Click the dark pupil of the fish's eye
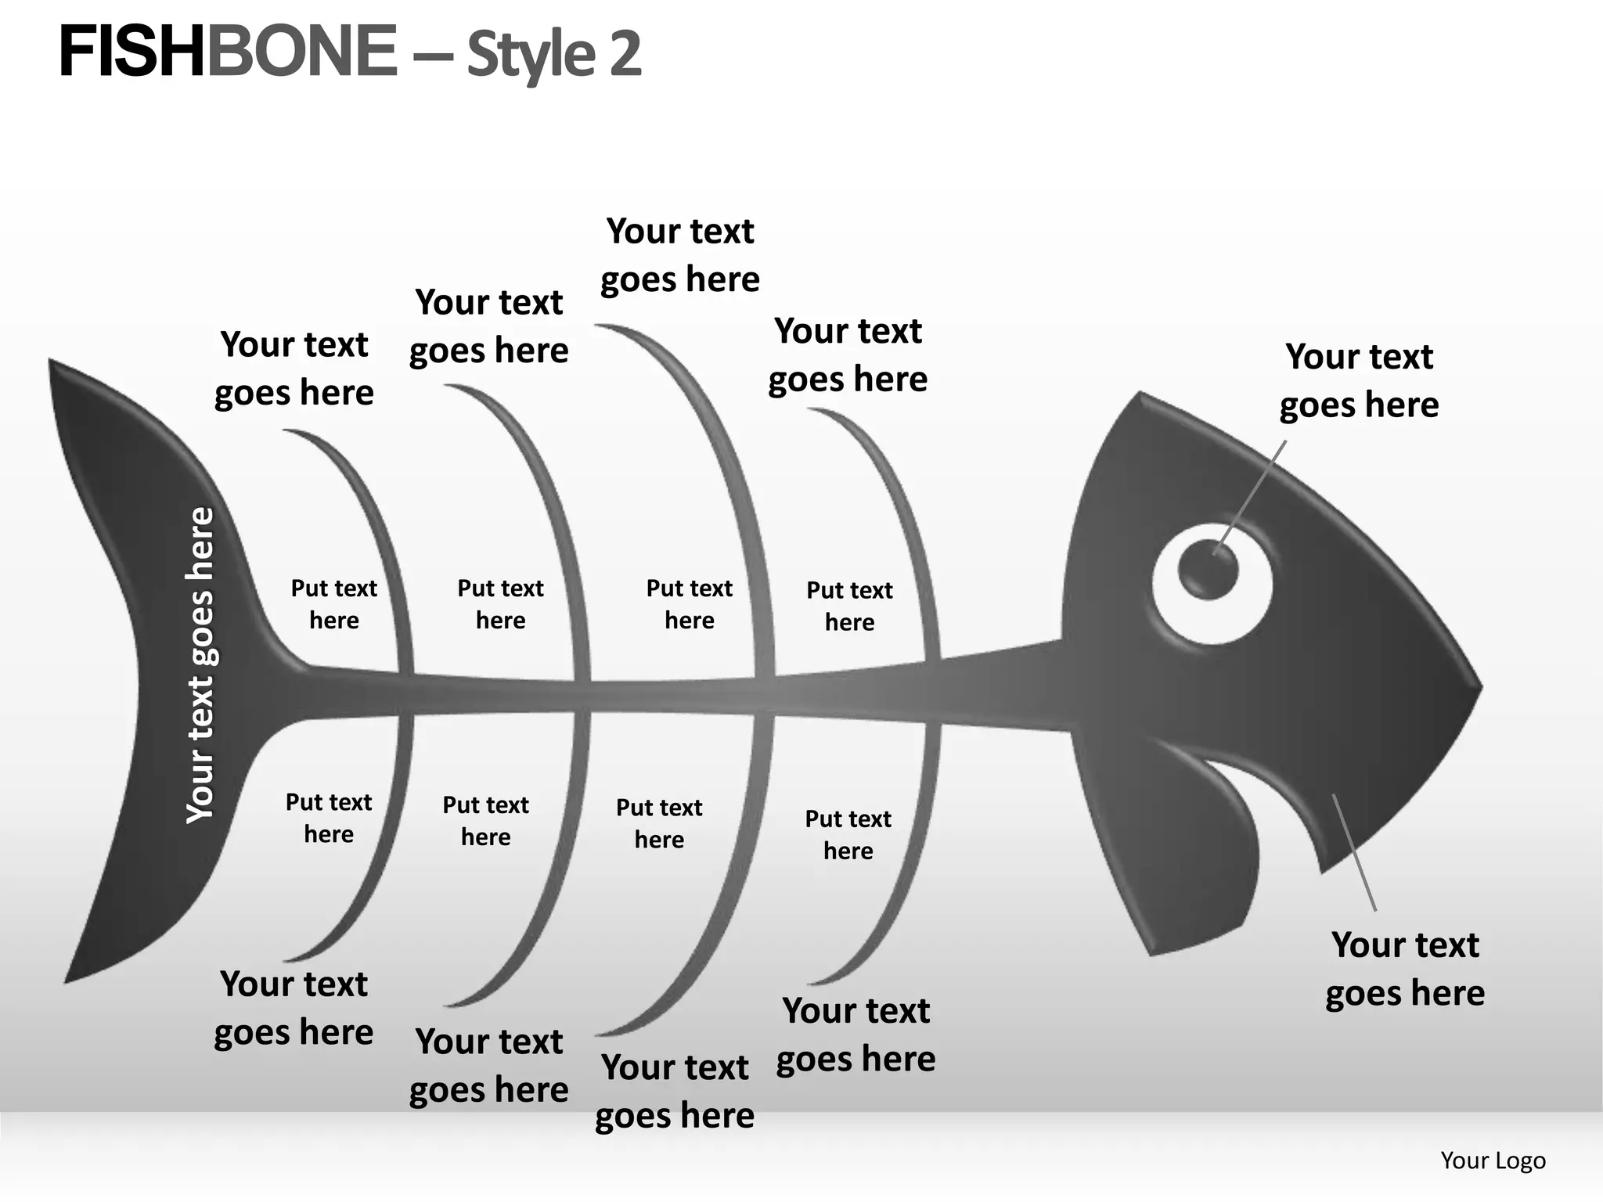tap(1208, 568)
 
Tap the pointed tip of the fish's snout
tap(1479, 688)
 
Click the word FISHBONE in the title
tap(228, 52)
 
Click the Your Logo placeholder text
tap(1493, 1160)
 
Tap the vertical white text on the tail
tap(200, 665)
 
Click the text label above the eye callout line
tap(1360, 380)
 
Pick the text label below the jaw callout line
tap(1405, 969)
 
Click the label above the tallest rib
tap(680, 255)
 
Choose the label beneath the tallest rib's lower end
tap(675, 1091)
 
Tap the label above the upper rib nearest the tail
tap(294, 368)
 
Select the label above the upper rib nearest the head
tap(848, 354)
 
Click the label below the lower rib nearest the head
tap(856, 1035)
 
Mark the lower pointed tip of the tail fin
tap(68, 978)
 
